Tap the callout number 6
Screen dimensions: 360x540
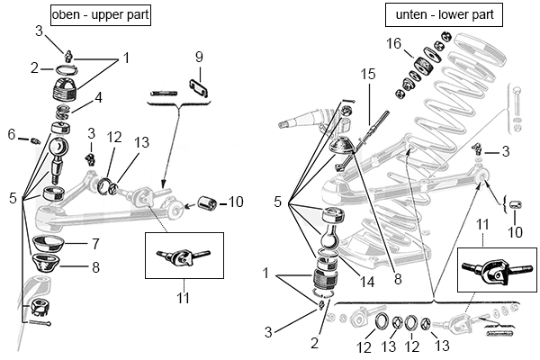pos(12,134)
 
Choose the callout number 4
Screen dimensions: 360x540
pos(98,96)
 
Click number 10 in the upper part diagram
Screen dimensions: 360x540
pos(236,202)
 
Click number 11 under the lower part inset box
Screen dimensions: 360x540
pos(483,221)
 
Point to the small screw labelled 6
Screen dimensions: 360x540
pos(35,139)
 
